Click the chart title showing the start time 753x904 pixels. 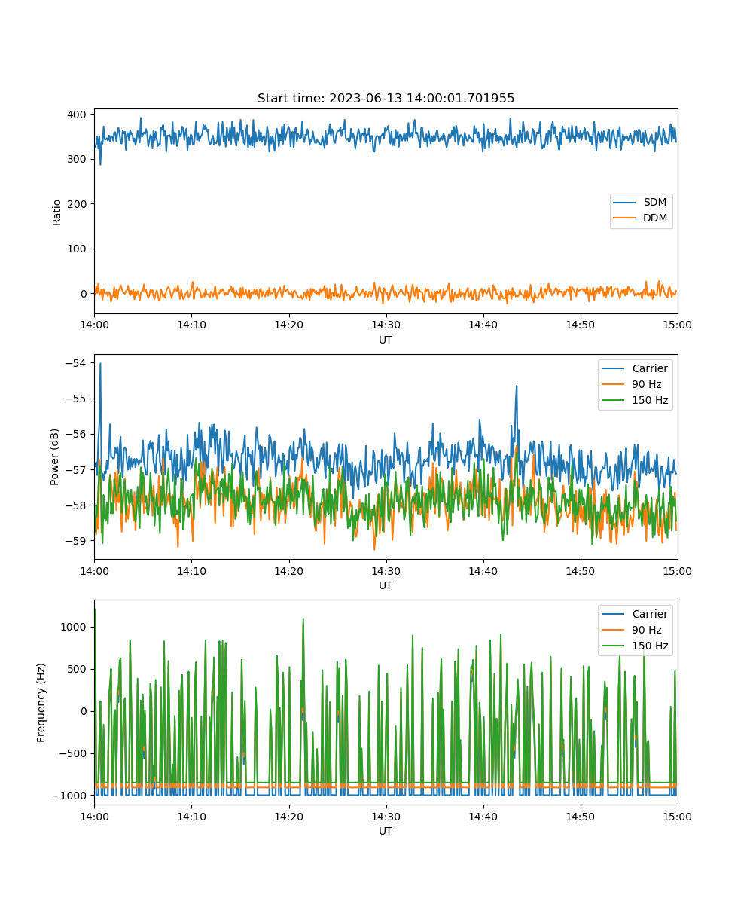tap(386, 98)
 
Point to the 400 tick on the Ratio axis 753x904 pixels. tap(77, 115)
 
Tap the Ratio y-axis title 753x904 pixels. tap(56, 212)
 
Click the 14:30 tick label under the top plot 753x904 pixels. tap(386, 325)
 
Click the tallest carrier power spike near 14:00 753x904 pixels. tap(100, 364)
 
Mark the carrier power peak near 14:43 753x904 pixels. tap(517, 386)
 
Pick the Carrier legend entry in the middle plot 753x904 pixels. tap(635, 368)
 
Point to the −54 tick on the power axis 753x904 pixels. tap(76, 363)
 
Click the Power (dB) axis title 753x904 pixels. tap(54, 457)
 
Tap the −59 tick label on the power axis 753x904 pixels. tap(76, 541)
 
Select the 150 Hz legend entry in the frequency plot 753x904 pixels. tap(635, 646)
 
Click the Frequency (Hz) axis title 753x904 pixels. tap(41, 703)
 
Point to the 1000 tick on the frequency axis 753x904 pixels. tap(74, 627)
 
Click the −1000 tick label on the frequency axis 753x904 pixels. tap(70, 796)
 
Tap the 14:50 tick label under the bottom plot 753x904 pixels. tap(580, 817)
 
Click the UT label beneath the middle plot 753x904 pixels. tap(385, 585)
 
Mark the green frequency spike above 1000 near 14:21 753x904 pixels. tap(303, 619)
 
